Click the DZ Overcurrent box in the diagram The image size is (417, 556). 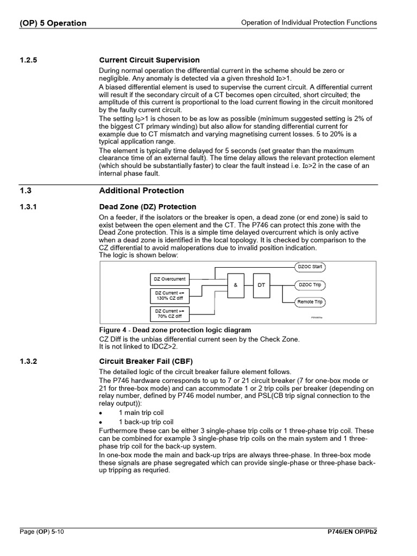pyautogui.click(x=169, y=279)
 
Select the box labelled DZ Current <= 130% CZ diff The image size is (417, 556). pyautogui.click(x=169, y=296)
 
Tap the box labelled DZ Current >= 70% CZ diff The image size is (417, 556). pyautogui.click(x=169, y=313)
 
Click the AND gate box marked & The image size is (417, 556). pyautogui.click(x=236, y=285)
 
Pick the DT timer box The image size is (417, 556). pyautogui.click(x=261, y=285)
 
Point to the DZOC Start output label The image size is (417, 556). pyautogui.click(x=310, y=267)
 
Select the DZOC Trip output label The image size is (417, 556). pyautogui.click(x=310, y=285)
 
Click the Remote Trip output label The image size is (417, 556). pyautogui.click(x=310, y=302)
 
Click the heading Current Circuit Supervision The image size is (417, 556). pyautogui.click(x=149, y=60)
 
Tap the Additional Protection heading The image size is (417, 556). pyautogui.click(x=141, y=191)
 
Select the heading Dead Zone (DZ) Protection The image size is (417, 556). pyautogui.click(x=147, y=207)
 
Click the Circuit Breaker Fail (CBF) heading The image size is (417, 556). pyautogui.click(x=146, y=361)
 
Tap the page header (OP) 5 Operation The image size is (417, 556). pyautogui.click(x=53, y=23)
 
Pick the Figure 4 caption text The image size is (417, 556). pyautogui.click(x=175, y=330)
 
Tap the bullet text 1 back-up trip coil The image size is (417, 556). pyautogui.click(x=146, y=422)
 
